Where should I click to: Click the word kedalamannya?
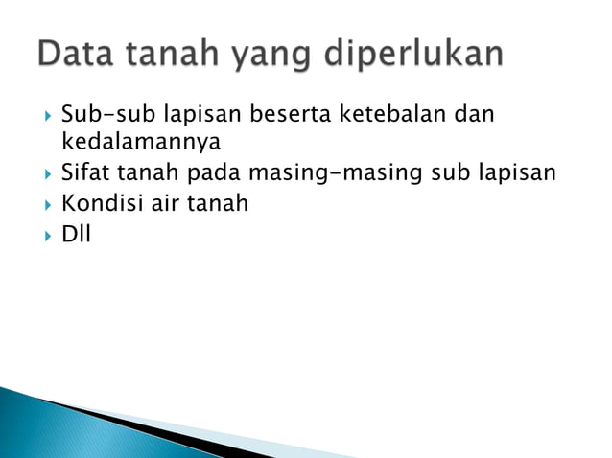click(140, 144)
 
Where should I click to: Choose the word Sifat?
click(85, 174)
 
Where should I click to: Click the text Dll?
click(75, 232)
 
